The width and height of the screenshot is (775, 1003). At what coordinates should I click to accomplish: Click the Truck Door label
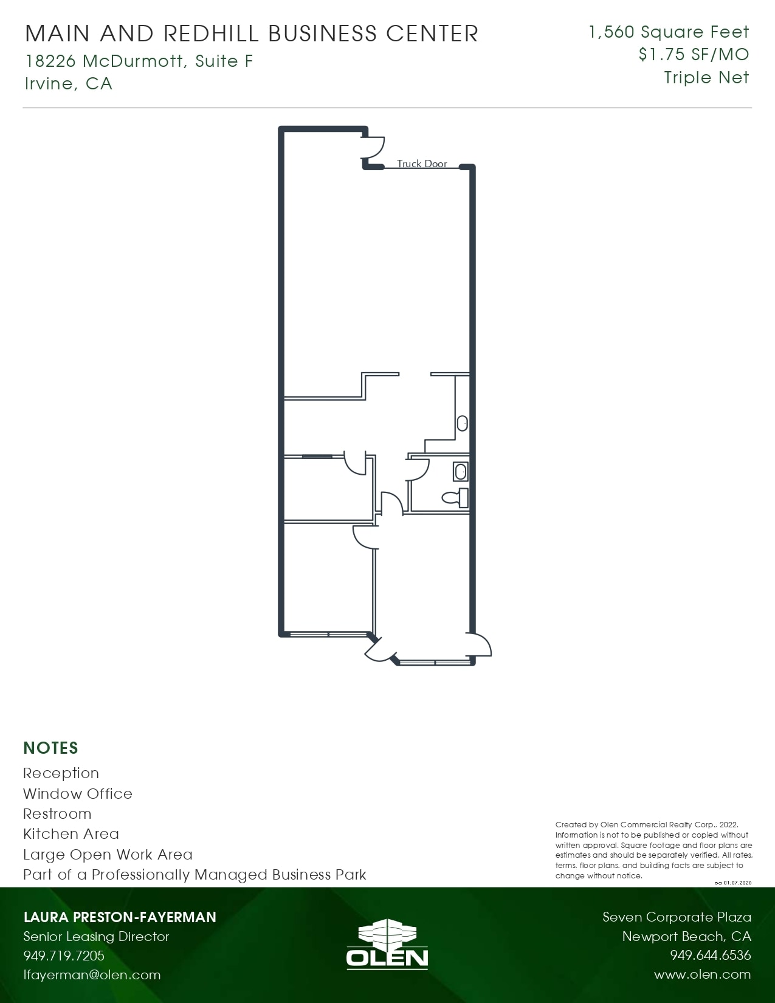[422, 164]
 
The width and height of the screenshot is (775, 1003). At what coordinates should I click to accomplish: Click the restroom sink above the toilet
[461, 471]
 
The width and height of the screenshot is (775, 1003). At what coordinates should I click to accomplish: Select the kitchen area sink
[463, 423]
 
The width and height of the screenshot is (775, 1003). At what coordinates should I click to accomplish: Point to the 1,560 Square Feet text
[669, 32]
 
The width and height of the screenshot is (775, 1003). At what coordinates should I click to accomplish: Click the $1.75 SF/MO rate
[694, 55]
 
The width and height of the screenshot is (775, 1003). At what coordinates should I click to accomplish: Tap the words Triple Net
[706, 78]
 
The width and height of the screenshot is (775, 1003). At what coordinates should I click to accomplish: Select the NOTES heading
[51, 748]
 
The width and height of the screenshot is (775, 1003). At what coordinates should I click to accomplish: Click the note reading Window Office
[78, 793]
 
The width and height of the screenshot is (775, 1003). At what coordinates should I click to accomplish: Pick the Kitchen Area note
[71, 833]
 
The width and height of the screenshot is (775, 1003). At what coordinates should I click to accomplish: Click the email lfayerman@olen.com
[92, 974]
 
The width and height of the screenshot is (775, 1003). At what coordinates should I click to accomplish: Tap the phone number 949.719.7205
[64, 956]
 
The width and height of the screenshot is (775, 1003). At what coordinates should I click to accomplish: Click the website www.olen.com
[702, 974]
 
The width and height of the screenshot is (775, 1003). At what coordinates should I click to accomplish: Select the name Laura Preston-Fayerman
[120, 917]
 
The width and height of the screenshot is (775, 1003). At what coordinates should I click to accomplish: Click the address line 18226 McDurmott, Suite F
[139, 61]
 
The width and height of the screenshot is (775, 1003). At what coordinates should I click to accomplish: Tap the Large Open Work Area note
[108, 854]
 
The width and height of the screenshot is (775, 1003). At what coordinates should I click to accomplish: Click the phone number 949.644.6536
[710, 956]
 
